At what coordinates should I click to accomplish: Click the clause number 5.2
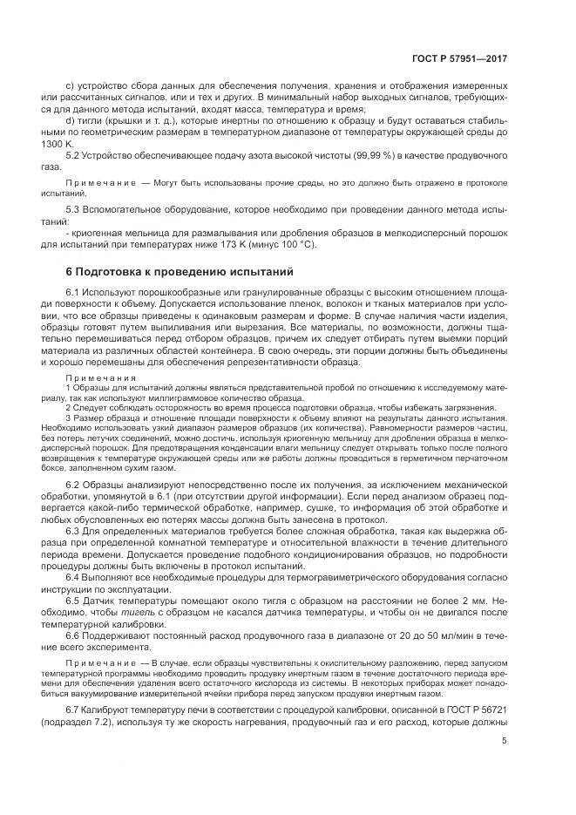click(74, 154)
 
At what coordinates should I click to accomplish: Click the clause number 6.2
click(74, 482)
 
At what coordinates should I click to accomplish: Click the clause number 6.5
click(74, 600)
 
